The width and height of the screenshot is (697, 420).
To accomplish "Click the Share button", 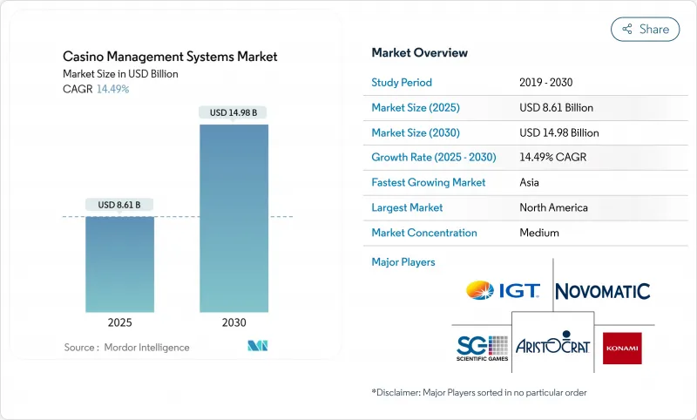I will (x=645, y=29).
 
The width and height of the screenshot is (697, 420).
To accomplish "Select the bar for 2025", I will (x=120, y=264).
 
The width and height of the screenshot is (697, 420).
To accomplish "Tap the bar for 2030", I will (x=234, y=218).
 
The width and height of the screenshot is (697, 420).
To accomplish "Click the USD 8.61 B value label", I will (x=120, y=205).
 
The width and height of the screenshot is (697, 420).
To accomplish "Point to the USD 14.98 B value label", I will (x=234, y=112).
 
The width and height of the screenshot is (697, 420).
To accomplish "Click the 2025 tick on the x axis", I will (x=120, y=322).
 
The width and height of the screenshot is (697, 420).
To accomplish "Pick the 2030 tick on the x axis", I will (x=234, y=322).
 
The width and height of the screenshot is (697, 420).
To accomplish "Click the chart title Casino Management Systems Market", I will (x=170, y=57).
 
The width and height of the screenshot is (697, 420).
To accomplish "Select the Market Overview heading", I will (x=419, y=53).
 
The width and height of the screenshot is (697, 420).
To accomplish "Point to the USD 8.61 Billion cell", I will (x=556, y=108).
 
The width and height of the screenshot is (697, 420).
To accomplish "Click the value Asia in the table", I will (x=531, y=183).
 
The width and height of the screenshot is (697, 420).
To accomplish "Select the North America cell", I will (x=553, y=207).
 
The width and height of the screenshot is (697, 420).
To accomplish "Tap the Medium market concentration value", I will (x=539, y=233).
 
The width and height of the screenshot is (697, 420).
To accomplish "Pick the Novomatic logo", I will (x=602, y=291).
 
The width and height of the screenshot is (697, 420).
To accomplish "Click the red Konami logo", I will (x=622, y=348).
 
